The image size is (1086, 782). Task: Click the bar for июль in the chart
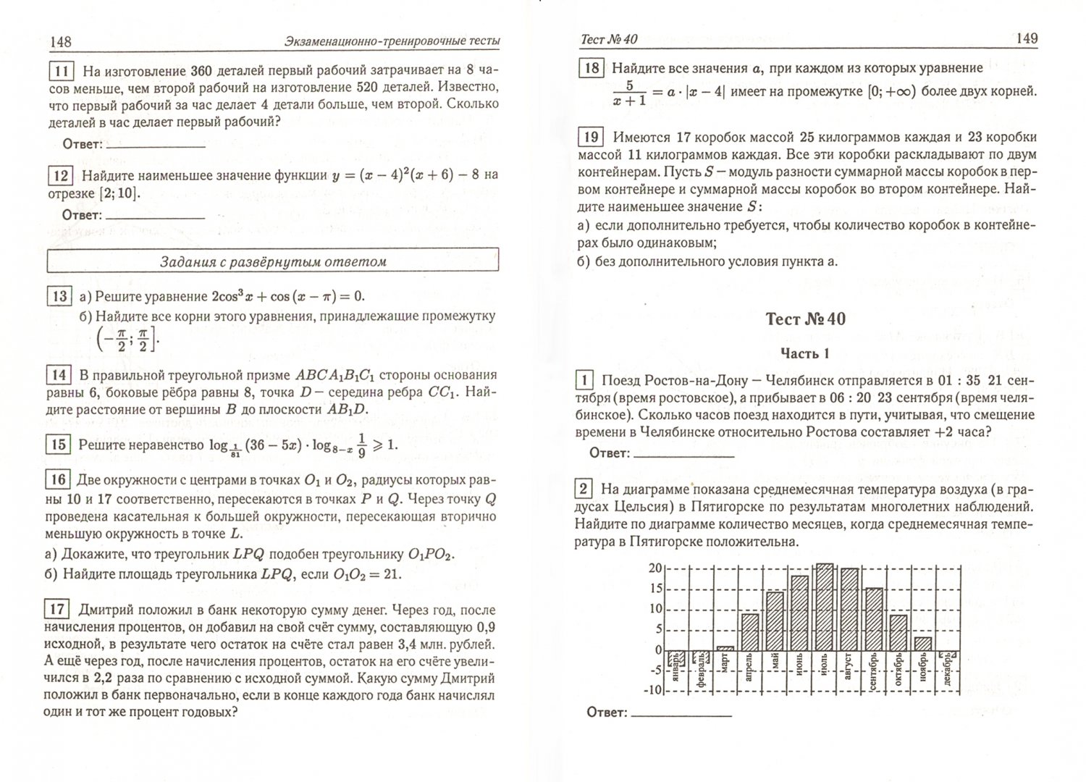[x=824, y=607]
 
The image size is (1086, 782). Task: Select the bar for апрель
[x=750, y=632]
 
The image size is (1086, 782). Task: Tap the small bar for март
[x=726, y=648]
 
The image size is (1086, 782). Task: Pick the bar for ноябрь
[x=922, y=643]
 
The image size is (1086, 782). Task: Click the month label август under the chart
[x=849, y=673]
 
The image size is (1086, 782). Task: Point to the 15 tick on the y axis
[x=654, y=589]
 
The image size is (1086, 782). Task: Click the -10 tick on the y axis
[x=652, y=690]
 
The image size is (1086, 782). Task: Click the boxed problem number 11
[x=62, y=71]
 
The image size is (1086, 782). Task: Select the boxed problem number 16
[x=59, y=479]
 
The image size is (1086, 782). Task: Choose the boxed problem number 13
[x=59, y=296]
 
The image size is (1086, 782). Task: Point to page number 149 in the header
[x=1026, y=38]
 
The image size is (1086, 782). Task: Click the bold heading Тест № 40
[x=805, y=319]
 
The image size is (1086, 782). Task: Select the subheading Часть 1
[x=804, y=353]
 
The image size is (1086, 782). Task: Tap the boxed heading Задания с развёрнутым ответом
[x=273, y=261]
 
